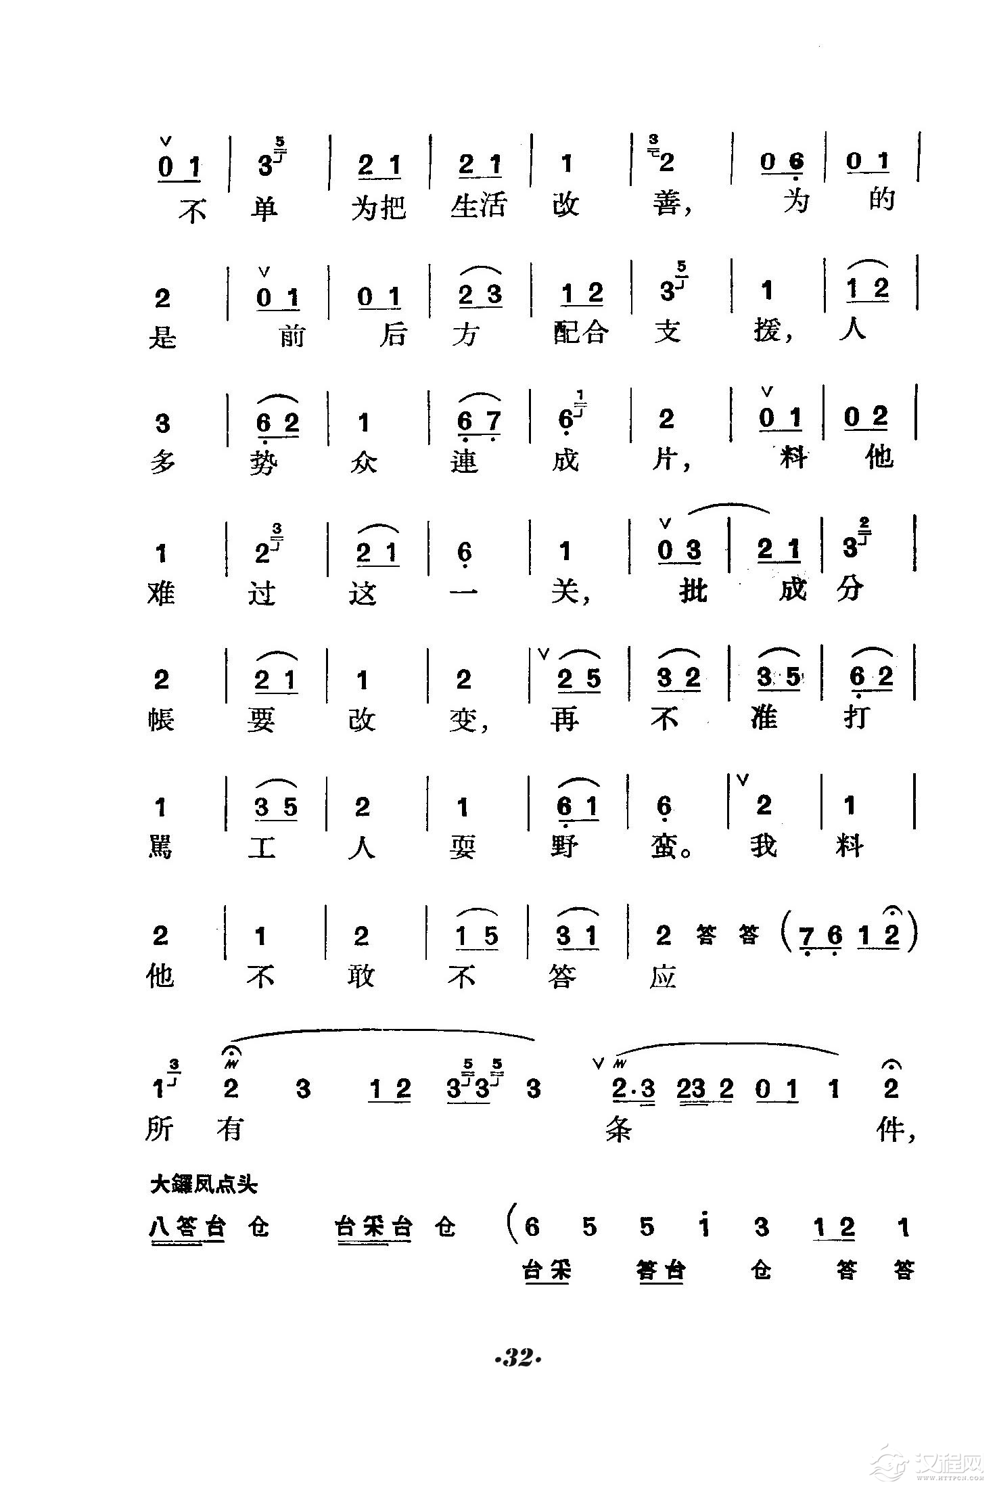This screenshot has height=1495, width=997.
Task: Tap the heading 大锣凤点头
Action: (x=204, y=1184)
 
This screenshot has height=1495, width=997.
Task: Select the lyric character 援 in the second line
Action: (x=767, y=331)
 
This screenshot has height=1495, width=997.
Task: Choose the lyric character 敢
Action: (x=362, y=975)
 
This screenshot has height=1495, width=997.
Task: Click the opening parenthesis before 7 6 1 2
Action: (x=786, y=934)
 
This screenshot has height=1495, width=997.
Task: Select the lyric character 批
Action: (x=691, y=591)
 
